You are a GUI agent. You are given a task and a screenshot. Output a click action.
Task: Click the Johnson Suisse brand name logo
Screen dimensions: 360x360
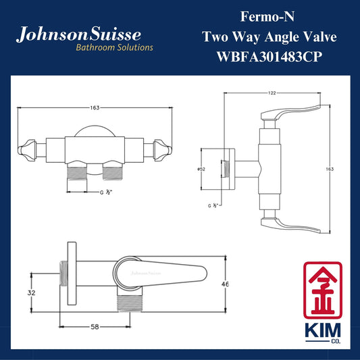[78, 34]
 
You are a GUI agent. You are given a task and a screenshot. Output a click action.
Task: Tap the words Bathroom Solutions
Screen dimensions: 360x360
[114, 47]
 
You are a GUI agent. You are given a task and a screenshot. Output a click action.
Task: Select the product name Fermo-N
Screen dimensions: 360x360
[267, 17]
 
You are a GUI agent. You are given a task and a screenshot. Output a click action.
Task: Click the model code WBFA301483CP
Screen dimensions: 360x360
[269, 57]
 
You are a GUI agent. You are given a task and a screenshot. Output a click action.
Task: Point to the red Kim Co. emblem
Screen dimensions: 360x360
[323, 290]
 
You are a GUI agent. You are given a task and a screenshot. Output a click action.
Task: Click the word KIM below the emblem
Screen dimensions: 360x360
[323, 330]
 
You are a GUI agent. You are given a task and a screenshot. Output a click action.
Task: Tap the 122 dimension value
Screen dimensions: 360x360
[272, 93]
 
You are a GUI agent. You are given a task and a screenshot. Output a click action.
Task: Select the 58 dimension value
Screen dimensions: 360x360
[95, 327]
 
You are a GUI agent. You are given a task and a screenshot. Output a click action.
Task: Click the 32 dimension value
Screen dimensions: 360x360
[32, 292]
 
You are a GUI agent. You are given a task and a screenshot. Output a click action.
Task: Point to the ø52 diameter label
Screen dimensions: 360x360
[201, 170]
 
